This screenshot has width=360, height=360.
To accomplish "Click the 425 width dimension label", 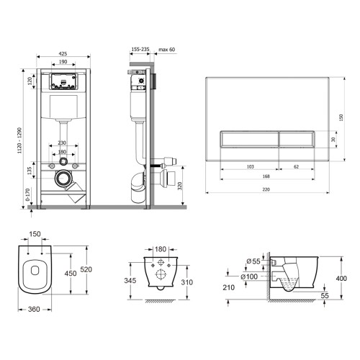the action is (63, 53).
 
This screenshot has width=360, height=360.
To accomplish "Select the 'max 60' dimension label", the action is (167, 50).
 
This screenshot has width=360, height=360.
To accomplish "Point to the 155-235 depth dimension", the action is (140, 49).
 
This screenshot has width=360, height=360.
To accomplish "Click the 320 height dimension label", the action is (180, 186).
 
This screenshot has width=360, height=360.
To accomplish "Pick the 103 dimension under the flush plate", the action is (251, 166).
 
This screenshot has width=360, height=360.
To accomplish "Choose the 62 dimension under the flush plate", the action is (297, 166).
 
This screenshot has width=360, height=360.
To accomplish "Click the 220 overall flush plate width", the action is (266, 189).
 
